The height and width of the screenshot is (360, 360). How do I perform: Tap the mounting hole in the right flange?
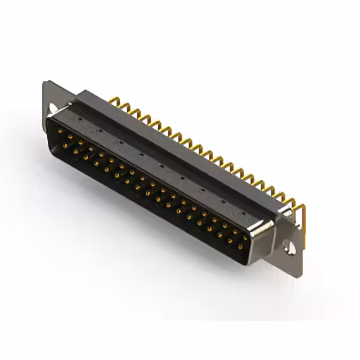tap(291, 246)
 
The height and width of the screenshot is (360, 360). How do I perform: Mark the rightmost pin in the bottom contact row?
tap(242, 246)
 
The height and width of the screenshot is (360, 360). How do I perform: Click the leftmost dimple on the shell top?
tap(80, 120)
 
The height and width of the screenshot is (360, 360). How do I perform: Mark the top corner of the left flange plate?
tap(46, 83)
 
